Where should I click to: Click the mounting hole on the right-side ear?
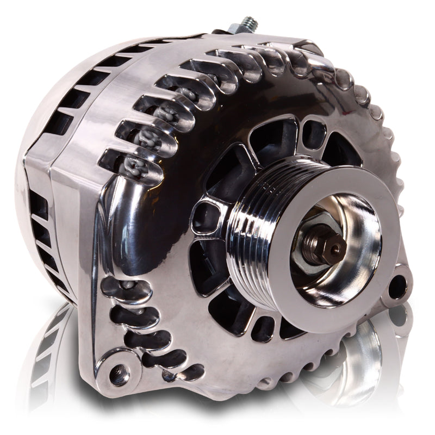pyautogui.click(x=399, y=282)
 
